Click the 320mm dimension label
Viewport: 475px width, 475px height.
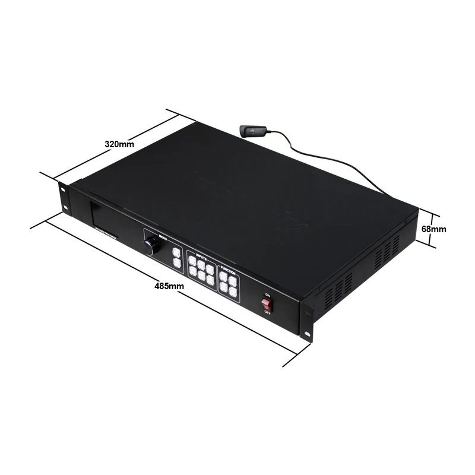coord(119,144)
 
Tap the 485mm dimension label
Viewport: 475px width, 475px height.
coord(169,286)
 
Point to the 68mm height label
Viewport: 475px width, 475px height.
coord(433,229)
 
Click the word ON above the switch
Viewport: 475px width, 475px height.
coord(268,294)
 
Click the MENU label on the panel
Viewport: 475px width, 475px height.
coord(163,237)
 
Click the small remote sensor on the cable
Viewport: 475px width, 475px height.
coord(252,131)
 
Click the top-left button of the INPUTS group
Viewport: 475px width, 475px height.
coord(192,261)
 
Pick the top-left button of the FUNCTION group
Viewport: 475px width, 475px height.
coord(224,275)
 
